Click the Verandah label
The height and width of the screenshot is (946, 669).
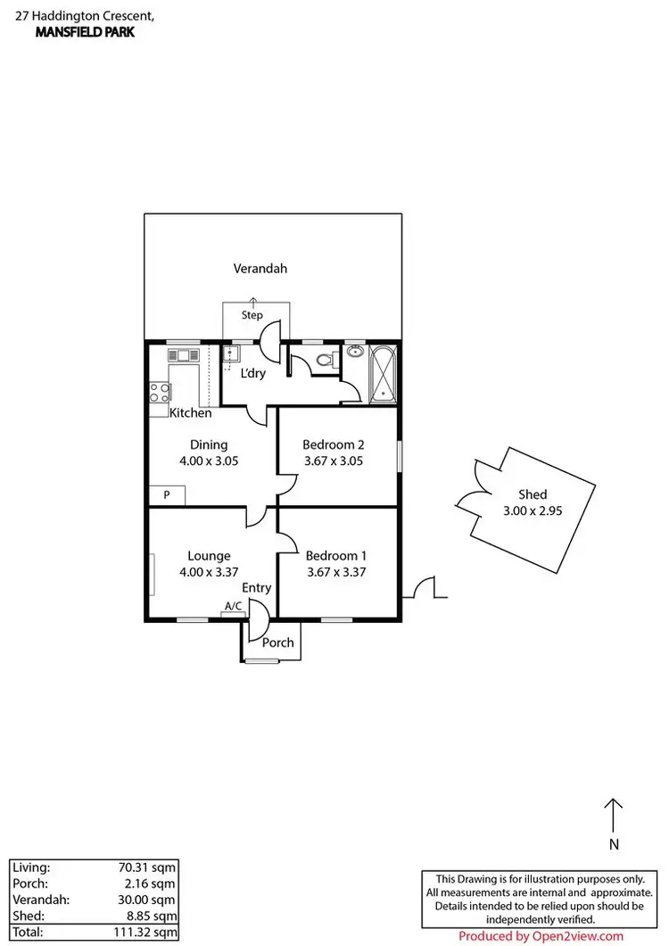click(260, 268)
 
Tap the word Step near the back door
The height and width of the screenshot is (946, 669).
click(252, 315)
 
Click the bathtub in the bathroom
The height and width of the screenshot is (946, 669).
click(383, 375)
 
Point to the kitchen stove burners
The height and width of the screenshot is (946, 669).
click(159, 393)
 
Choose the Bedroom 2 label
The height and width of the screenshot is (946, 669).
click(334, 444)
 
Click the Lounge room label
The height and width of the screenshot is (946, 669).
click(209, 555)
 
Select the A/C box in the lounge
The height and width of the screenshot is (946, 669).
click(233, 607)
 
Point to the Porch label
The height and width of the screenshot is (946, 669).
click(277, 643)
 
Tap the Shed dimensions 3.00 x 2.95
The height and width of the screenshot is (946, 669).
click(533, 511)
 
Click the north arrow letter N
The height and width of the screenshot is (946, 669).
click(614, 843)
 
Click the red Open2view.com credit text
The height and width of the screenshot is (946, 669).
click(541, 936)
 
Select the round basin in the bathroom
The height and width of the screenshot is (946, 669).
click(354, 352)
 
